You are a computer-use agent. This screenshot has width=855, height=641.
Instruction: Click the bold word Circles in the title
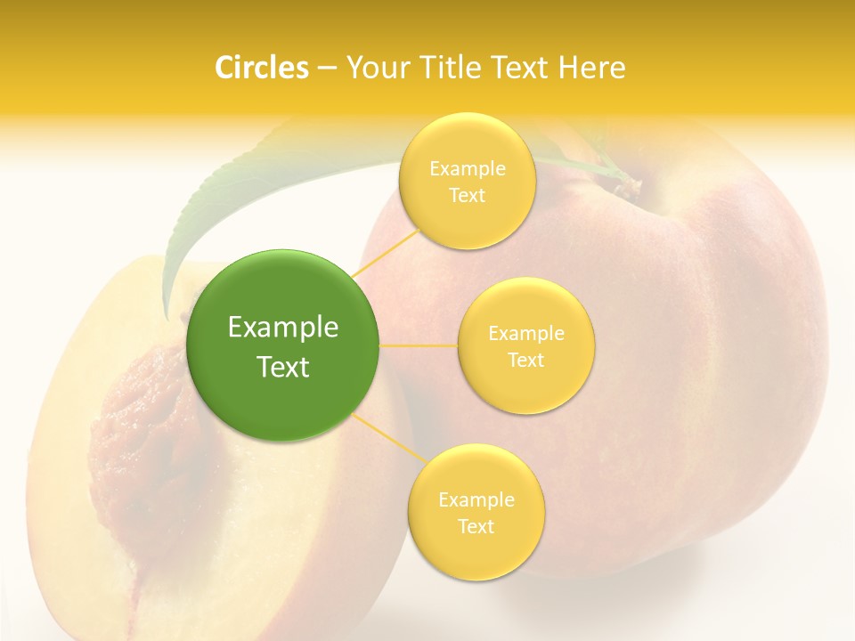(x=261, y=68)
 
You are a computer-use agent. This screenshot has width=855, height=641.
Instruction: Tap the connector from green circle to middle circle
(x=419, y=345)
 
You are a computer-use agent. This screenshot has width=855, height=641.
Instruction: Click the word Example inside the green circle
(x=283, y=328)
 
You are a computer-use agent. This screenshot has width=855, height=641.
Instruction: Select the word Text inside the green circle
(x=283, y=367)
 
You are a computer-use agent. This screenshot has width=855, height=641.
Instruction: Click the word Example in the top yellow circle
(x=467, y=169)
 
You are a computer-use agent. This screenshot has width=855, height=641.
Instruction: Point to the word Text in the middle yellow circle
(x=525, y=361)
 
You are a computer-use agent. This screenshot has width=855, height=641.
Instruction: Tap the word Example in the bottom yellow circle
(x=476, y=500)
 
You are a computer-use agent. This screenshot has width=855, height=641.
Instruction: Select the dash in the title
(x=326, y=69)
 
